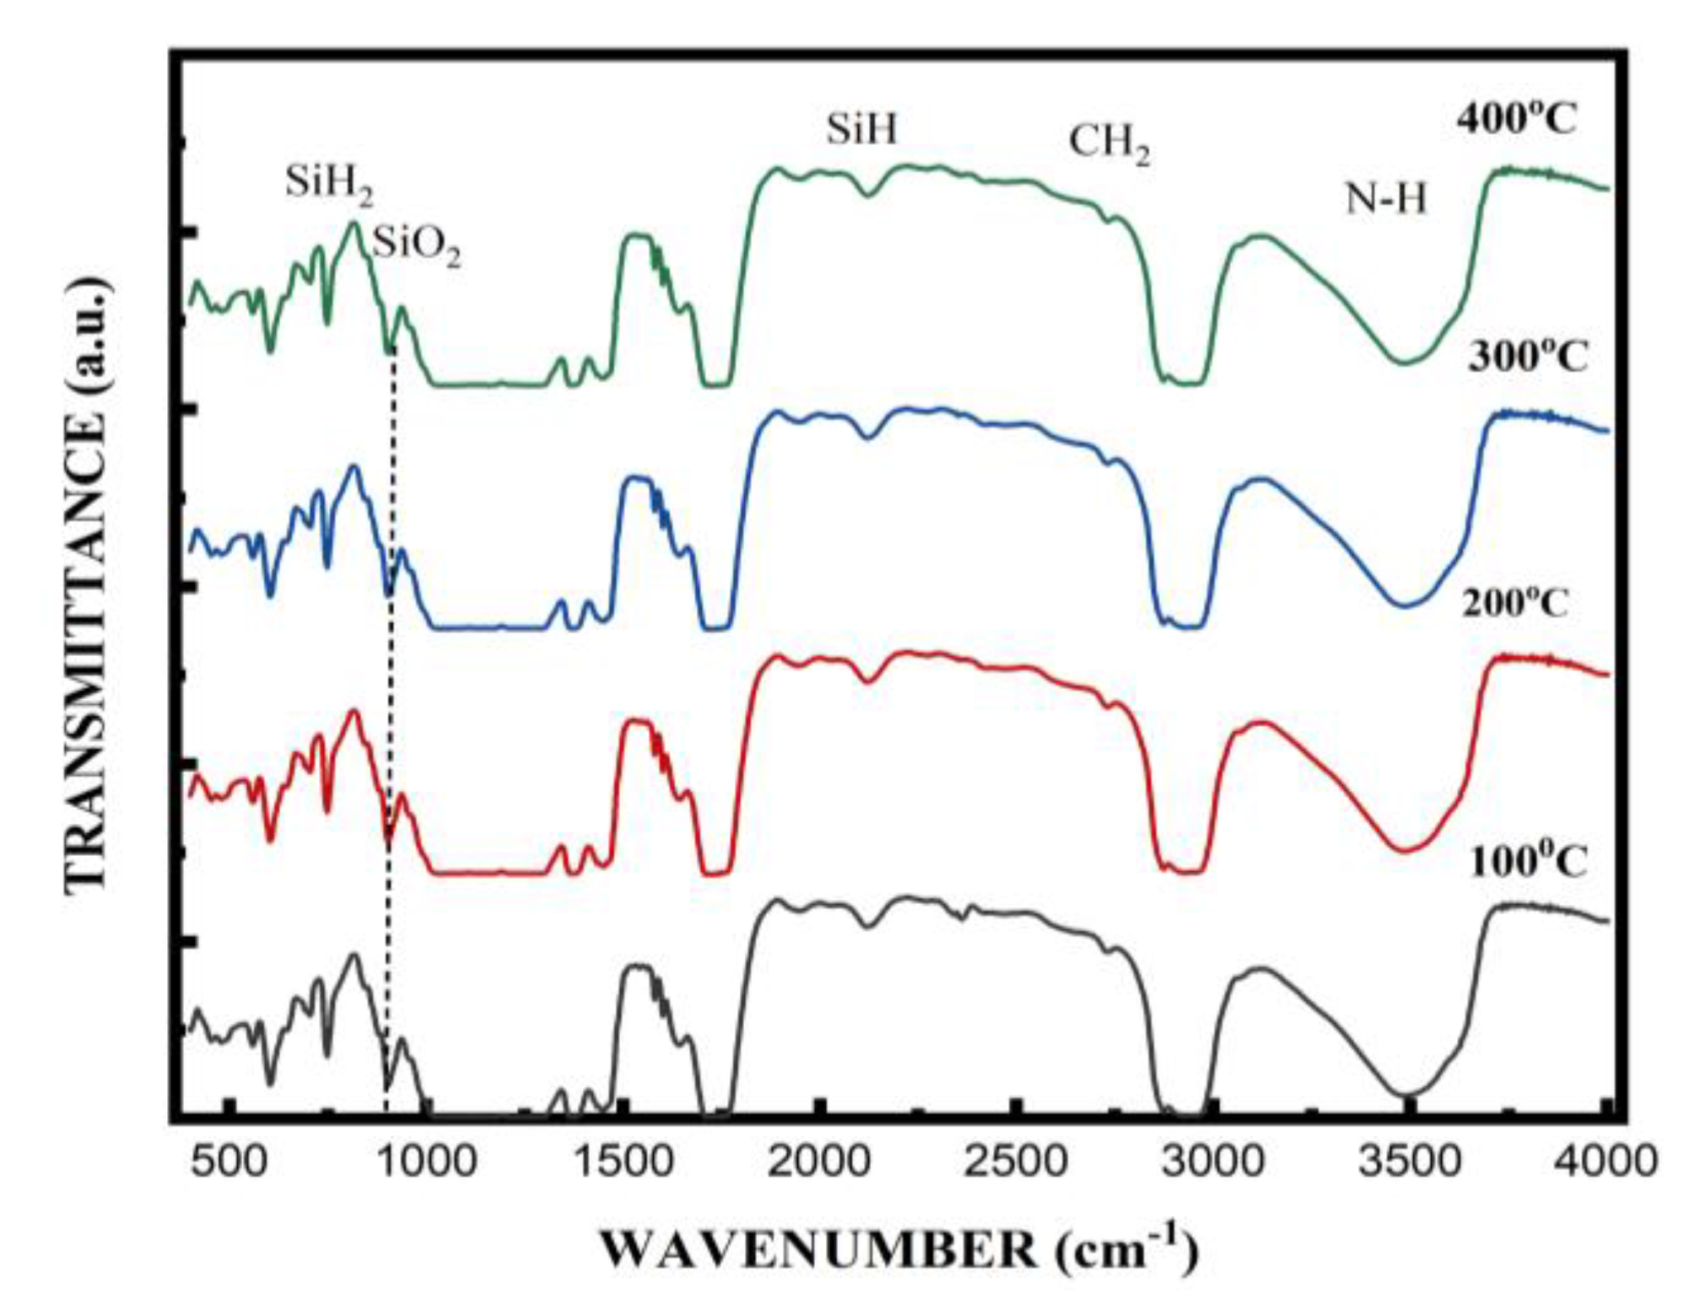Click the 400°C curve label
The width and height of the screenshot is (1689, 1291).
click(x=1515, y=120)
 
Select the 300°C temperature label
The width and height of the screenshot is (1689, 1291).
click(x=1527, y=358)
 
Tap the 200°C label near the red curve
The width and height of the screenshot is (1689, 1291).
click(x=1515, y=604)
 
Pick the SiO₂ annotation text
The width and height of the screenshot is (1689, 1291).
click(x=417, y=246)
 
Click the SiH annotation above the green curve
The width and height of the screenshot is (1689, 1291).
click(x=861, y=130)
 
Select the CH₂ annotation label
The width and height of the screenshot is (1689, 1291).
click(x=1109, y=143)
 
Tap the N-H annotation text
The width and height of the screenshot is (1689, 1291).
click(x=1385, y=200)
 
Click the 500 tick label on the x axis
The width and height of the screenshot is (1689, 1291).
click(x=228, y=1162)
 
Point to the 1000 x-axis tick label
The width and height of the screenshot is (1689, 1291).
click(x=426, y=1162)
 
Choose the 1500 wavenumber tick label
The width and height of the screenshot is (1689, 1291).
click(x=623, y=1162)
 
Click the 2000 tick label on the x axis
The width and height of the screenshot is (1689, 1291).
click(x=819, y=1162)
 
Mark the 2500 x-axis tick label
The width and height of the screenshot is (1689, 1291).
click(x=1016, y=1162)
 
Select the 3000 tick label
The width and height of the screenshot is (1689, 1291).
click(x=1213, y=1162)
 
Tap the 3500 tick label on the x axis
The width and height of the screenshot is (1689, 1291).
click(x=1409, y=1162)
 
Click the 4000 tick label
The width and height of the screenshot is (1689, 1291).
click(x=1605, y=1162)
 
